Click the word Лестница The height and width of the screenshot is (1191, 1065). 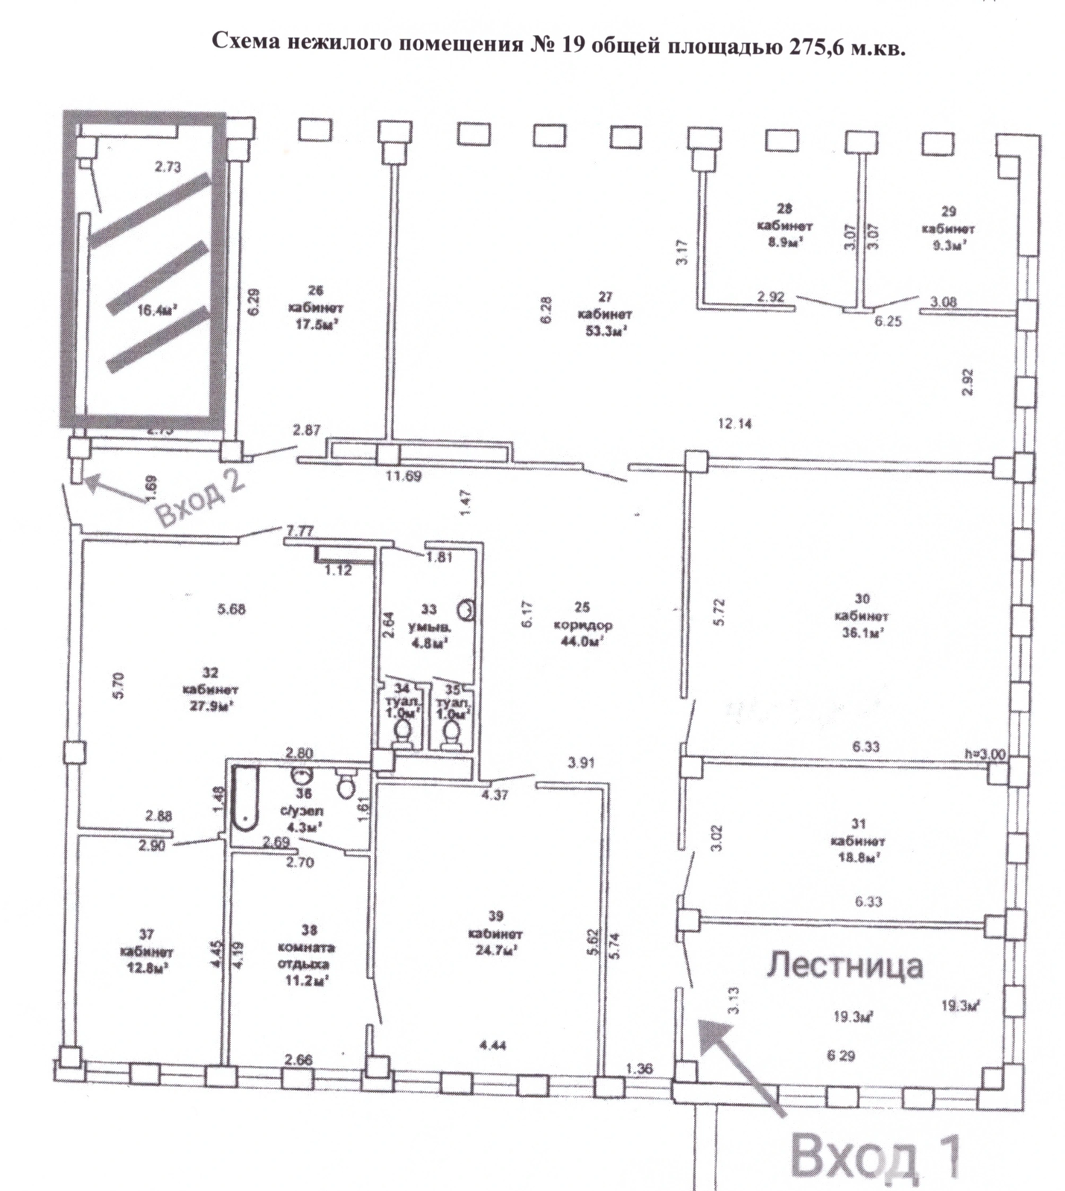845,965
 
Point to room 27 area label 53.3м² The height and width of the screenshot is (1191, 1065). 605,331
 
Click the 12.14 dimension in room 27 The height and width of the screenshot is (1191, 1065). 734,424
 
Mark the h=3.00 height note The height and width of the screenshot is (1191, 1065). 985,754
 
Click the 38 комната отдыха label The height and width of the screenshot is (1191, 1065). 309,955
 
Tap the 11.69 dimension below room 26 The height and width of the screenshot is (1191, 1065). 403,476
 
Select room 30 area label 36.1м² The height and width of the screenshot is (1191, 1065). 861,633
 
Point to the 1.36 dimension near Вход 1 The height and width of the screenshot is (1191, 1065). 638,1069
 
